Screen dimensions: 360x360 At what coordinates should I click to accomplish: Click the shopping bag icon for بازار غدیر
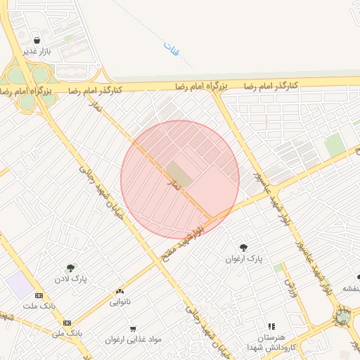point(36,40)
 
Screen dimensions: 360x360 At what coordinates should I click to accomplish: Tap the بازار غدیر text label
point(36,51)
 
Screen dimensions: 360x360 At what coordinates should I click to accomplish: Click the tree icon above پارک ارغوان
point(243,247)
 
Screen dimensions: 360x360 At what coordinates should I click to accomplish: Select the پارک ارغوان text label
point(244,259)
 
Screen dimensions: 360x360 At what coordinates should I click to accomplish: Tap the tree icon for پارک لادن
point(70,268)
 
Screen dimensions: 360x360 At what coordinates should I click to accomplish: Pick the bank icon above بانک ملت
point(39,295)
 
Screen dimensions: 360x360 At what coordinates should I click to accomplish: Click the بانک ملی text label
point(69,331)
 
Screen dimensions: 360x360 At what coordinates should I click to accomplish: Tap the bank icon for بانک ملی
point(67,322)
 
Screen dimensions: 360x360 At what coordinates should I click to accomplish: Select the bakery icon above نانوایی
point(120,291)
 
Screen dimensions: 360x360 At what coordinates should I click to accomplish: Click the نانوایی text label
point(120,302)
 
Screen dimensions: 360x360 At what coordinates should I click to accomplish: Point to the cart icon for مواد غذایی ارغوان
point(133,328)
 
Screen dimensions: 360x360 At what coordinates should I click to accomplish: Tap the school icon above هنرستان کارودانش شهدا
point(271,326)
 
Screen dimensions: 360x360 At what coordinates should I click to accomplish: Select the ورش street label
point(289,287)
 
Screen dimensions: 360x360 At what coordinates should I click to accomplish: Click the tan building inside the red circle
point(179,174)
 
